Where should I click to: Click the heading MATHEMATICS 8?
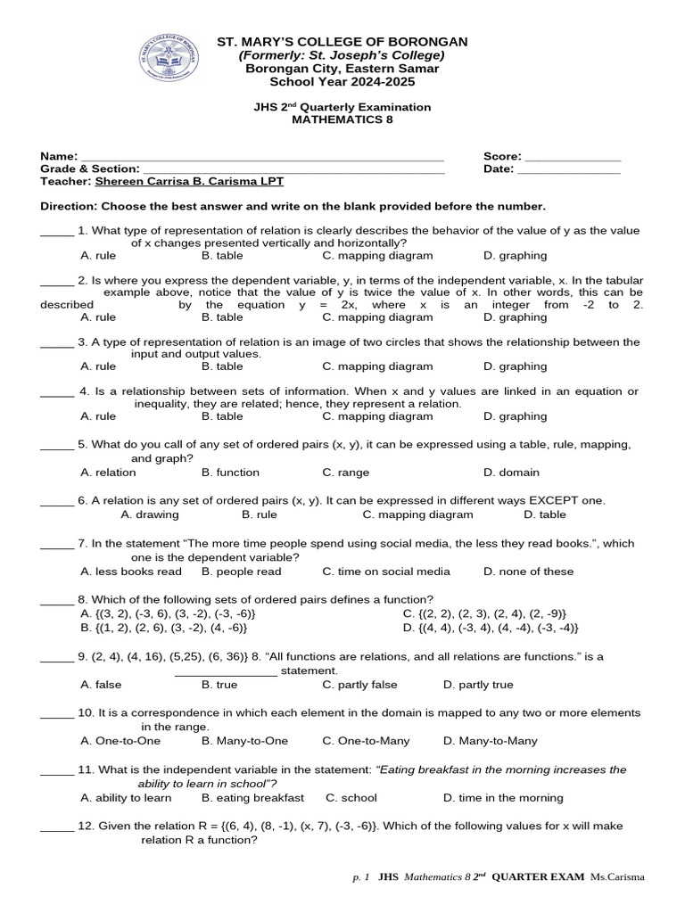[342, 119]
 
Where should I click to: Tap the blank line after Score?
[574, 156]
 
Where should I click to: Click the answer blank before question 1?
[57, 231]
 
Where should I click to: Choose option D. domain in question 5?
[511, 473]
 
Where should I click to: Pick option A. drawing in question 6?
[150, 514]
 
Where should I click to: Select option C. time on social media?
[386, 572]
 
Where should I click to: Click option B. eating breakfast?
[252, 798]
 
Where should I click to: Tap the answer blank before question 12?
[57, 827]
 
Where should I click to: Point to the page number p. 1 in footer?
[361, 878]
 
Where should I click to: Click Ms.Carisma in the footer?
[616, 878]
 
